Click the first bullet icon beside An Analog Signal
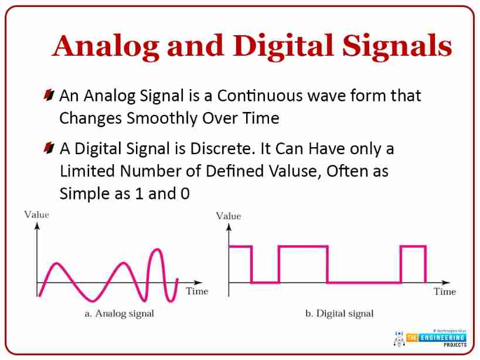click(x=49, y=95)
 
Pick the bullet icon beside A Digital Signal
click(x=49, y=148)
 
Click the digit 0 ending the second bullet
click(x=185, y=193)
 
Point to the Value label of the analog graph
click(x=37, y=215)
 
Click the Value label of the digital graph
click(x=229, y=216)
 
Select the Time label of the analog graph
click(x=197, y=291)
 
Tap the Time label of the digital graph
click(x=445, y=291)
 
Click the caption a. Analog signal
click(x=120, y=314)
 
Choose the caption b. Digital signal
click(x=339, y=314)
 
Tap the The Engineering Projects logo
click(x=430, y=338)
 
